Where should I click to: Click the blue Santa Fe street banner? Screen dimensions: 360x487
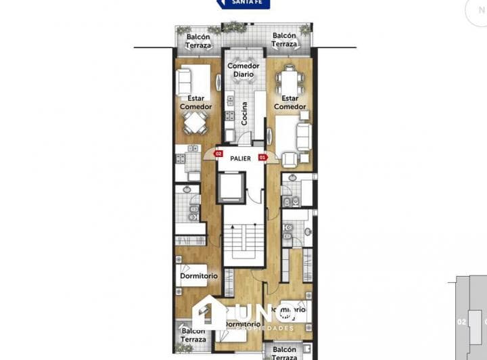point(243,3)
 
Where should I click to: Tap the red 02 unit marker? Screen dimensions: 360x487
point(218,154)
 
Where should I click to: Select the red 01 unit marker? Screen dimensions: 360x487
point(263,158)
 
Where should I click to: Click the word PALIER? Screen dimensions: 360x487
point(240,158)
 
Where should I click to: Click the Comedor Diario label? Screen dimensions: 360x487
point(243,70)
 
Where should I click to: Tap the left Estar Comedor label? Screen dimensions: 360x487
point(195,102)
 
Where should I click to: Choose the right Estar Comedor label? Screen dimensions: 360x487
point(289,102)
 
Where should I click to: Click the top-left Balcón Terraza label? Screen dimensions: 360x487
point(198,41)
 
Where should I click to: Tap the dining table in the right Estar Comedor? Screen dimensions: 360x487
point(289,81)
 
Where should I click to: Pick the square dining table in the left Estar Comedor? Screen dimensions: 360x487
point(195,122)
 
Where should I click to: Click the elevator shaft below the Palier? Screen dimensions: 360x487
point(233,187)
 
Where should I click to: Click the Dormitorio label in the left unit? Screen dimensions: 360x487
point(199,275)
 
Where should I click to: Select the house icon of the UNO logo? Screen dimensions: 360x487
point(210,313)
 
